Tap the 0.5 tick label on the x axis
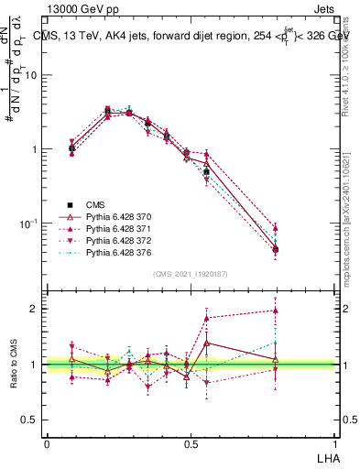[x=190, y=442]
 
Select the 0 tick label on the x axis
[x=47, y=442]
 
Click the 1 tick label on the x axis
[x=333, y=442]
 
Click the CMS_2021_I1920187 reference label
[x=190, y=272]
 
